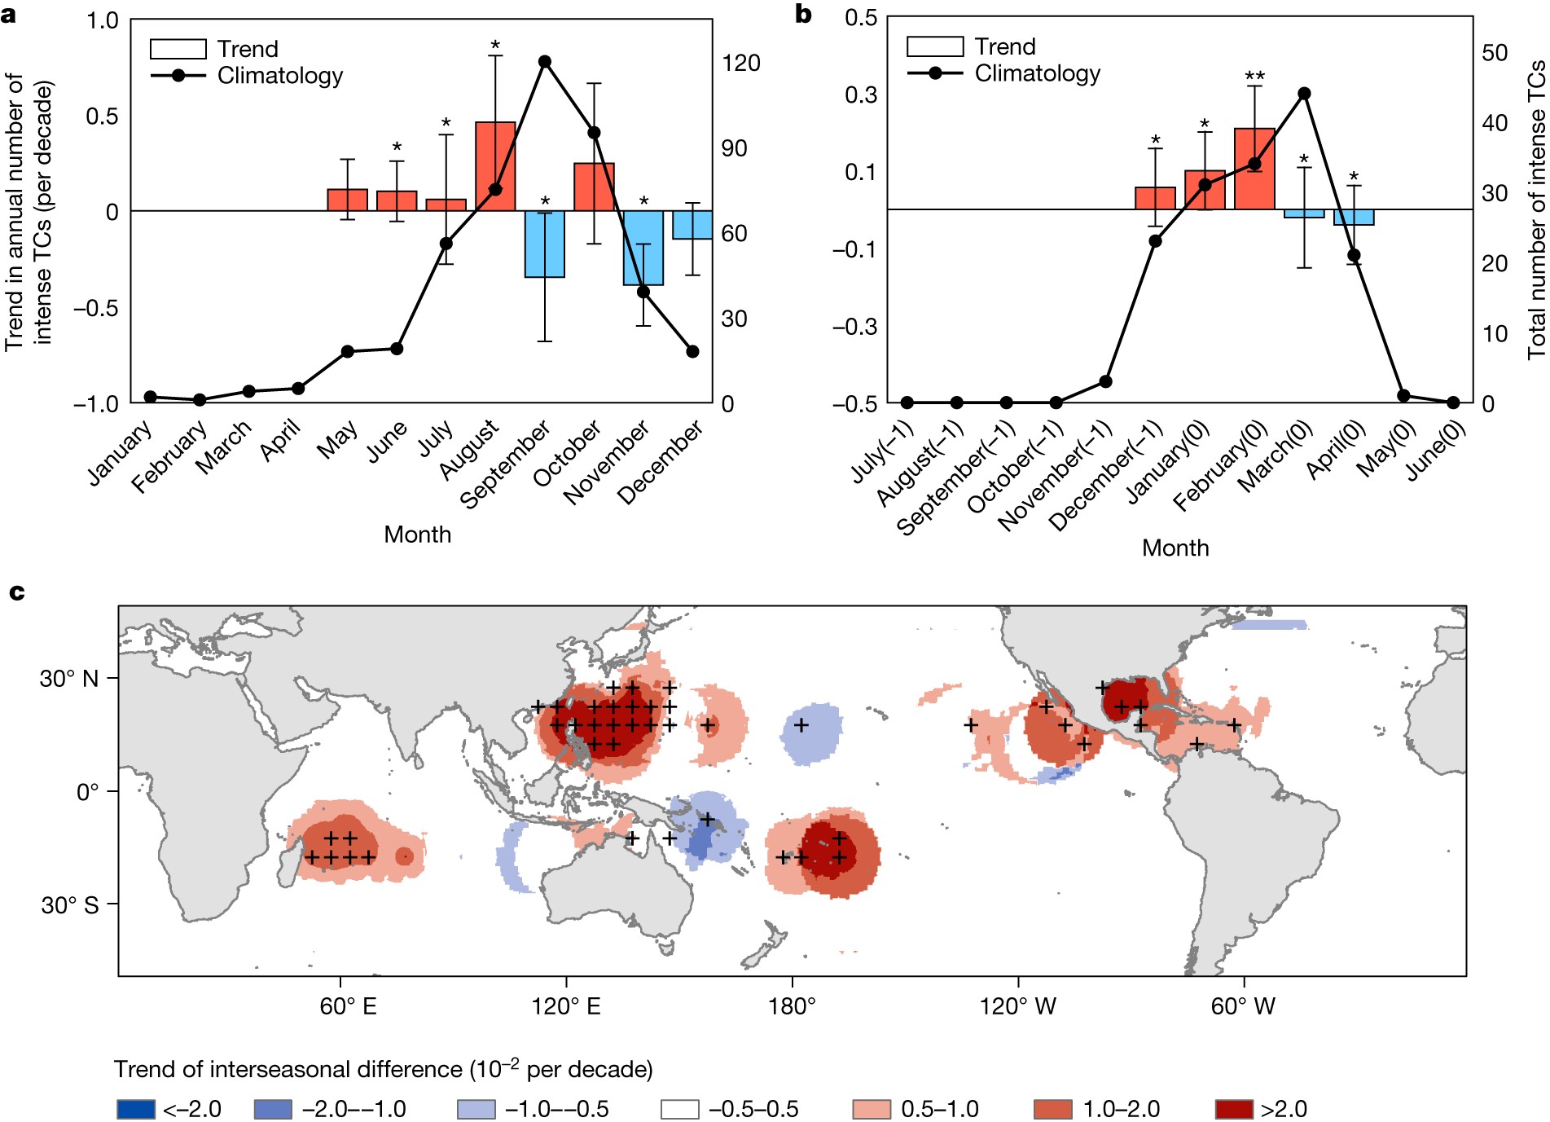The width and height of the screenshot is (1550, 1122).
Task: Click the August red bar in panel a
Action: point(495,166)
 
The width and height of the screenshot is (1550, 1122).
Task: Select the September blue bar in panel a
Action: point(545,244)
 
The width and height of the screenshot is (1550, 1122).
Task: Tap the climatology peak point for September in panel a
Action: point(545,62)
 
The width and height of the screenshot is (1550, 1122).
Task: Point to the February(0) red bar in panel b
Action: point(1254,169)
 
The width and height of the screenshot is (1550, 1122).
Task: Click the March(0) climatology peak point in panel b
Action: point(1304,94)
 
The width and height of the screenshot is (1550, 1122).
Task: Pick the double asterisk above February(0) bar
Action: point(1254,77)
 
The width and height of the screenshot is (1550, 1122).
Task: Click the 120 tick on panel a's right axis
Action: point(740,63)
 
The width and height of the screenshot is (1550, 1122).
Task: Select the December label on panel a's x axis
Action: point(660,462)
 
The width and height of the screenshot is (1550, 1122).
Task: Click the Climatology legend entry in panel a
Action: point(279,76)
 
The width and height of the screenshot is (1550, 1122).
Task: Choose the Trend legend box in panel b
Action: point(935,46)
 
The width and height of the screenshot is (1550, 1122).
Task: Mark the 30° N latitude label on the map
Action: point(69,679)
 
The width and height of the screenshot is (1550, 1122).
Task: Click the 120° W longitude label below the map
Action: point(1017,1006)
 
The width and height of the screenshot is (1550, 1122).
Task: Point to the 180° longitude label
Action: point(792,1006)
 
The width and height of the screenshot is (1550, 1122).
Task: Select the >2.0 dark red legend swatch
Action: point(1233,1109)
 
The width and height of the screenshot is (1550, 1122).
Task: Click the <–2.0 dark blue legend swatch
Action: point(135,1109)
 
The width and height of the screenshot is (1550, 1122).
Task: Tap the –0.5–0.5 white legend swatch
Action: point(679,1109)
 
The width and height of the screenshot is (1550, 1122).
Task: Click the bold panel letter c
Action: point(17,592)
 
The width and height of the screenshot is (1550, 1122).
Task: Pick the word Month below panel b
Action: point(1175,548)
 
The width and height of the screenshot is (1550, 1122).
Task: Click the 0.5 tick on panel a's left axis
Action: point(102,116)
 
